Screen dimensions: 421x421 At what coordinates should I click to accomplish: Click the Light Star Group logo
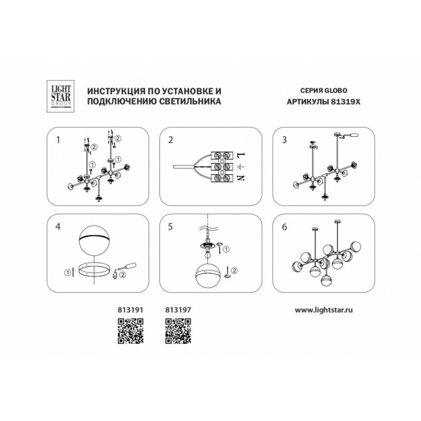pyautogui.click(x=61, y=96)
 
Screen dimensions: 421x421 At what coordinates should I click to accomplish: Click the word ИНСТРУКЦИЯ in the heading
pyautogui.click(x=116, y=91)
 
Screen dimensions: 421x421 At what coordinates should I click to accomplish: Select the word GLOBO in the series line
pyautogui.click(x=336, y=91)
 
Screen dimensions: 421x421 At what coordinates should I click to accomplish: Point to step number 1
pyautogui.click(x=58, y=139)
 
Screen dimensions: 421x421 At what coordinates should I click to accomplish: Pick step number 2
pyautogui.click(x=171, y=140)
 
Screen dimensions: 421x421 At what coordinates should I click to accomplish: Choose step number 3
pyautogui.click(x=284, y=140)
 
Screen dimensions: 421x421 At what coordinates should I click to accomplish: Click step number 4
pyautogui.click(x=58, y=227)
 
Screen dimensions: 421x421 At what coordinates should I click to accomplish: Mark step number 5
pyautogui.click(x=170, y=227)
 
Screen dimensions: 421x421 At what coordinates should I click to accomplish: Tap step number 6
pyautogui.click(x=284, y=227)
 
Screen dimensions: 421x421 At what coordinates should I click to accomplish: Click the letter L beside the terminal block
pyautogui.click(x=241, y=155)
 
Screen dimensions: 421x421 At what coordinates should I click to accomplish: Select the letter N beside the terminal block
pyautogui.click(x=241, y=178)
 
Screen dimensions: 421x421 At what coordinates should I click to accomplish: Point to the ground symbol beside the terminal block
pyautogui.click(x=241, y=167)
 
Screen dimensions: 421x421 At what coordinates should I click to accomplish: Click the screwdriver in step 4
pyautogui.click(x=126, y=267)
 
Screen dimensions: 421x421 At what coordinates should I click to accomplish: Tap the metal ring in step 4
pyautogui.click(x=94, y=269)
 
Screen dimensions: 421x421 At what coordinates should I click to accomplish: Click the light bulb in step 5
pyautogui.click(x=207, y=254)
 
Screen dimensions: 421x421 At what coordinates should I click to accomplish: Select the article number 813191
pyautogui.click(x=131, y=310)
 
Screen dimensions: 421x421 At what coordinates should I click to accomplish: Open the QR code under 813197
pyautogui.click(x=178, y=331)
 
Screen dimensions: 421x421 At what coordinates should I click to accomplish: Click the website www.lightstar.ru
pyautogui.click(x=324, y=310)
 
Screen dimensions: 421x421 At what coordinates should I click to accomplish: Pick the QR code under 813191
pyautogui.click(x=131, y=331)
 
